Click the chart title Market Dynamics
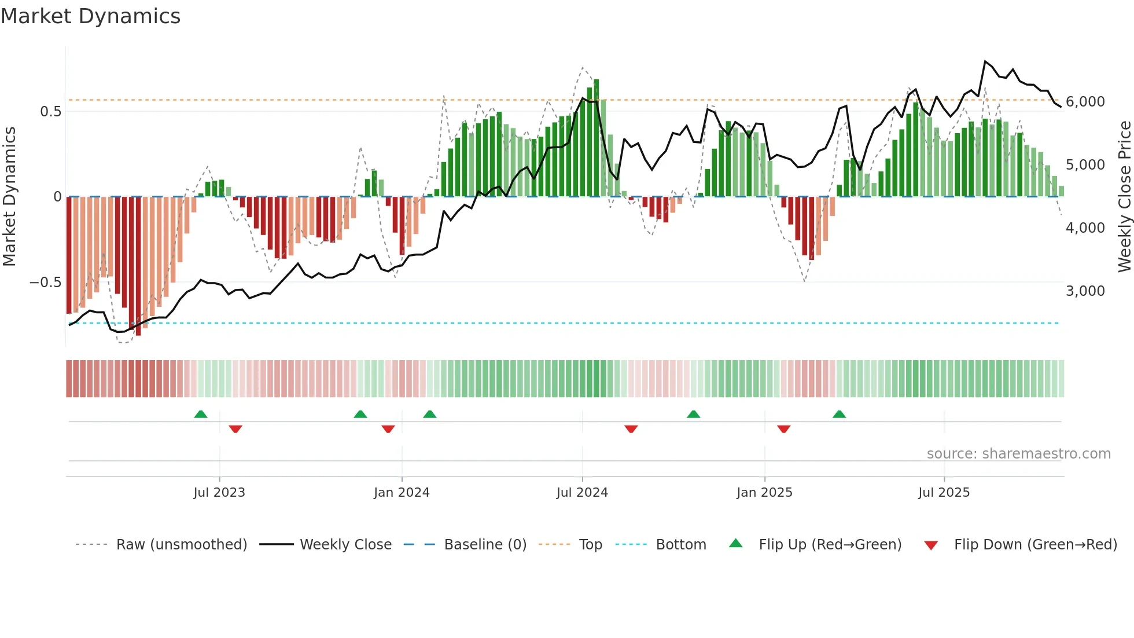point(90,16)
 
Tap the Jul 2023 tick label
point(219,493)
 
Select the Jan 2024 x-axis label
point(402,493)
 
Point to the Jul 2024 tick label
point(582,493)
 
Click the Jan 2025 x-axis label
point(764,493)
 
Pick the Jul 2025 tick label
point(944,493)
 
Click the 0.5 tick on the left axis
point(50,111)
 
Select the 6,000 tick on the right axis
point(1085,102)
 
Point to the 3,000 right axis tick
point(1085,291)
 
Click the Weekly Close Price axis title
point(1124,197)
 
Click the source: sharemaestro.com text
point(1018,454)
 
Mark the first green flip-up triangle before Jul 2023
point(201,415)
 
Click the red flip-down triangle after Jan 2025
point(784,429)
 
